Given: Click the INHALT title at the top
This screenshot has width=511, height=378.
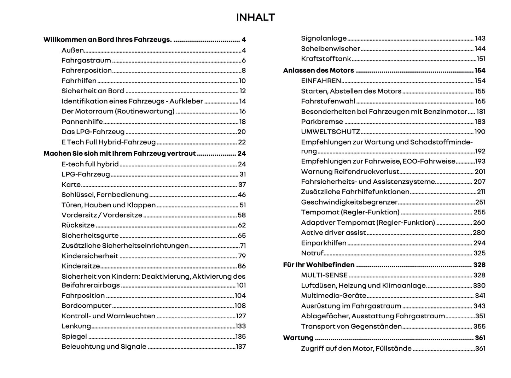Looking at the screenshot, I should (x=255, y=17).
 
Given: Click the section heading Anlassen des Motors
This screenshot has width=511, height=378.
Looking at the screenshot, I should (x=318, y=70).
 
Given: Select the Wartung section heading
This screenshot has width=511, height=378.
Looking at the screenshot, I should (x=298, y=338).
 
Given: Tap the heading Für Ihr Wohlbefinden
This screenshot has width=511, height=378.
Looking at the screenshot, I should (x=319, y=265).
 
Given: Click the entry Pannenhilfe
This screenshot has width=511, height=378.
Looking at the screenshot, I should (x=82, y=122).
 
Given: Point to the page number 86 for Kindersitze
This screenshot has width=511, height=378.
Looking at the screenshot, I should (x=242, y=266).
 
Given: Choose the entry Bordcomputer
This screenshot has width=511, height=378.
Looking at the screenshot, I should (x=86, y=306).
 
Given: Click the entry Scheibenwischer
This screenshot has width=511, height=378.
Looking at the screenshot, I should (x=330, y=49).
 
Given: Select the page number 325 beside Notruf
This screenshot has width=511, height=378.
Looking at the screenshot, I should (x=479, y=253).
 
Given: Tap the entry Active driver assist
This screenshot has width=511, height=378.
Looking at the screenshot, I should (x=333, y=232).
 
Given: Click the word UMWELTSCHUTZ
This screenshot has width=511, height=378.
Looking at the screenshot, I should (x=330, y=132).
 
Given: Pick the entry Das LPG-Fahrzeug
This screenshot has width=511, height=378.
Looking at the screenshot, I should (x=93, y=132).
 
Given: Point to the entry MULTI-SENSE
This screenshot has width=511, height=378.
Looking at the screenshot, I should (x=324, y=275).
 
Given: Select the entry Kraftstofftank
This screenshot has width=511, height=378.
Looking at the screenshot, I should (x=326, y=59).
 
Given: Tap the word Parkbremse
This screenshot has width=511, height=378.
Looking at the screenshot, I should (x=322, y=122).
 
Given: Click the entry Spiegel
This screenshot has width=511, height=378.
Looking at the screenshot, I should (x=74, y=336).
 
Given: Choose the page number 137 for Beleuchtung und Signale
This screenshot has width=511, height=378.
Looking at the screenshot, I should (x=240, y=347).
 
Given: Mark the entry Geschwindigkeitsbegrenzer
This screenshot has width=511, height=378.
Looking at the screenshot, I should (x=349, y=202).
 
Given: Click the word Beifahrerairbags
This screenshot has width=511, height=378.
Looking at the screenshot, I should (x=91, y=285).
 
